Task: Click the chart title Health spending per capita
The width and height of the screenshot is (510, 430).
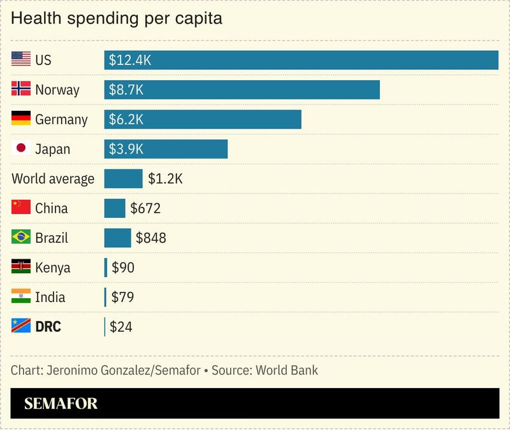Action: coord(117,19)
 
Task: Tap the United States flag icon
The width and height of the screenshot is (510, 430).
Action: coord(21,60)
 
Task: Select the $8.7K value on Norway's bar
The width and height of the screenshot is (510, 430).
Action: coord(126,90)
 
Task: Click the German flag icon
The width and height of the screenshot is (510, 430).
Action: coord(21,119)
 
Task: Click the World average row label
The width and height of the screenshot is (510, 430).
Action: coord(53,178)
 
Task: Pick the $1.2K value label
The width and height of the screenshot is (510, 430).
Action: coord(165,178)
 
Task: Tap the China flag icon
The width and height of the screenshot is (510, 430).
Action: coord(21,208)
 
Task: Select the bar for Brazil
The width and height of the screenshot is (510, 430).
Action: coord(117,238)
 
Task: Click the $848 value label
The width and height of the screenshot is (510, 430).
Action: coord(151,238)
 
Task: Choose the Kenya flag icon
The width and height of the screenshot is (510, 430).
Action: coord(21,267)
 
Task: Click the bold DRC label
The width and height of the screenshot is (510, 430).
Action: coord(48,327)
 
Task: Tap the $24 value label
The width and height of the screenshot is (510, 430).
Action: coord(120,327)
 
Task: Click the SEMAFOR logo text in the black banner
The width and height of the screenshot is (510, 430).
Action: coord(61,404)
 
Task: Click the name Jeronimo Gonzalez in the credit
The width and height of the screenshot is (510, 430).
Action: coord(94,370)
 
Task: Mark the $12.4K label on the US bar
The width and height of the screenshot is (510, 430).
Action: coord(129,60)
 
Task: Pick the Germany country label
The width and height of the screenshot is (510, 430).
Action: coord(61,119)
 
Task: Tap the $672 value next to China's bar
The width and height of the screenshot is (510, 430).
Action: coord(145,208)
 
